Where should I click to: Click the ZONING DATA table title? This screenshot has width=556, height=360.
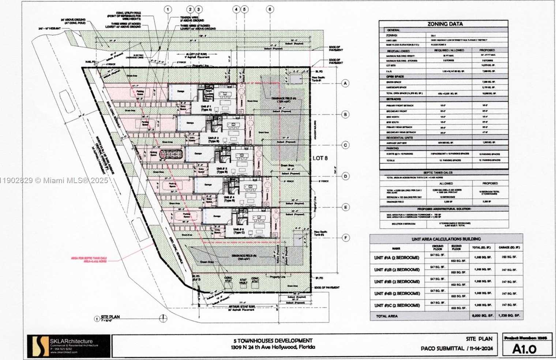(445, 24)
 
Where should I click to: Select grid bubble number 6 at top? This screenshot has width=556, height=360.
(270, 10)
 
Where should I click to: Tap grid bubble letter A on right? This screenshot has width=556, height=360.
(345, 84)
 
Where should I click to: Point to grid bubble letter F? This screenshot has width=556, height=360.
(345, 238)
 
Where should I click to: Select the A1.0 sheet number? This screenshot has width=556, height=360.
(524, 349)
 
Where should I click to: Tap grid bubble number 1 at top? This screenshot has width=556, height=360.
(168, 10)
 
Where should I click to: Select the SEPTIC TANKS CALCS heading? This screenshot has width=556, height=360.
(444, 173)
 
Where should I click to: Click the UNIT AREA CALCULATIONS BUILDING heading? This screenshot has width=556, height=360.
(446, 239)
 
